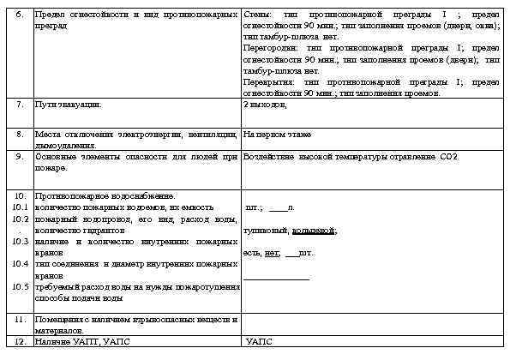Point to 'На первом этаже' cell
pyautogui.click(x=277, y=135)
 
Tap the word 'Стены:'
pyautogui.click(x=258, y=15)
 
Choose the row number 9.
pyautogui.click(x=20, y=157)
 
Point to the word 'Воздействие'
pyautogui.click(x=270, y=157)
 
